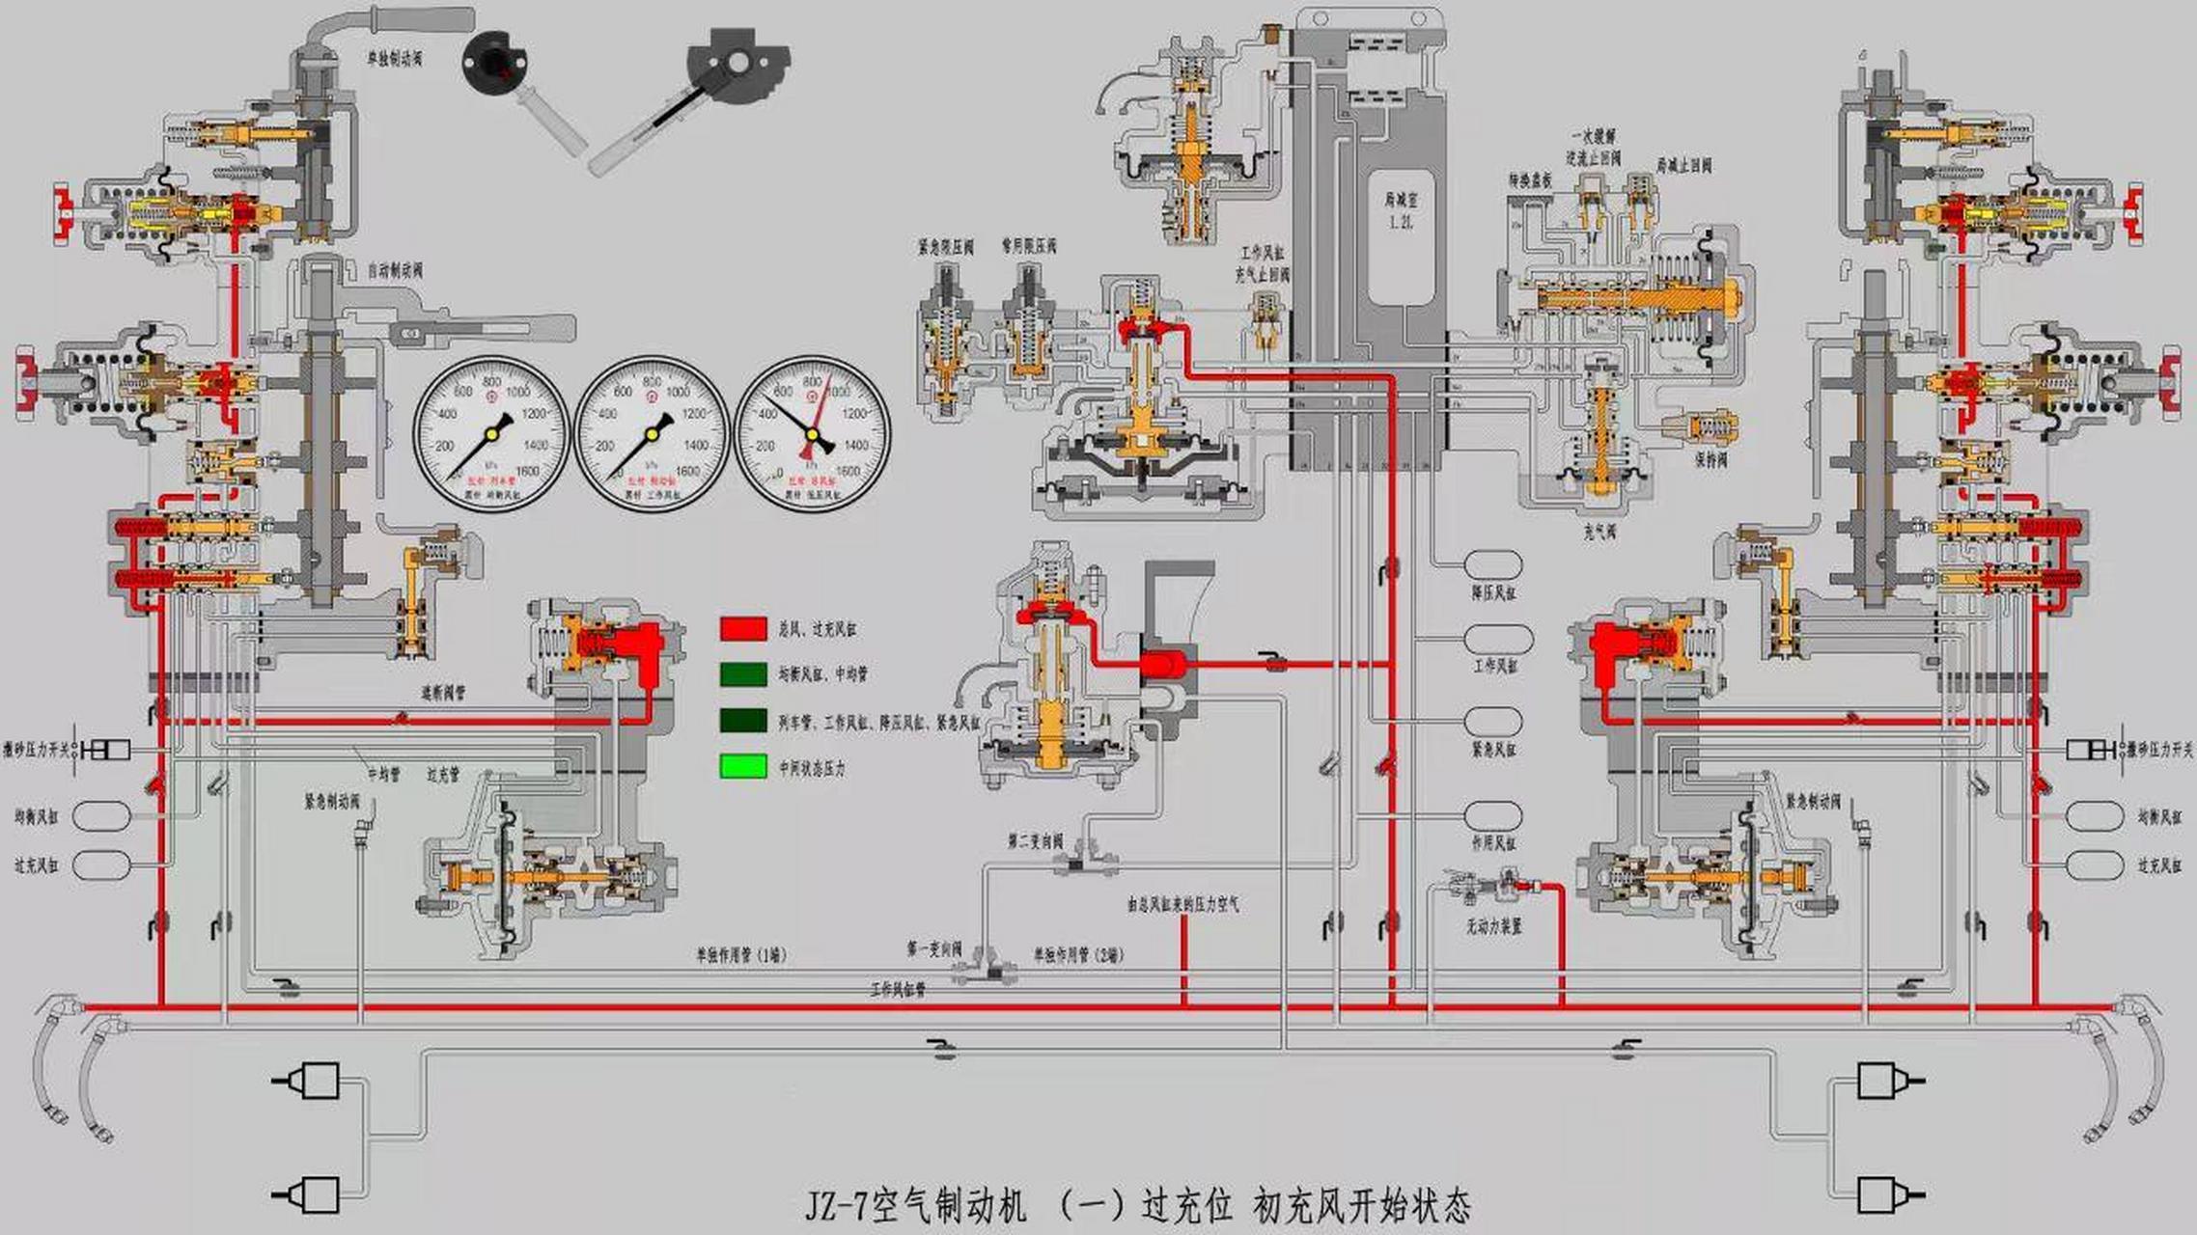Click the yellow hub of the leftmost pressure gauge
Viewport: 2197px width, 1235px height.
(x=491, y=434)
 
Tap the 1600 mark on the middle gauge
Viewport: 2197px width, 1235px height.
(x=687, y=471)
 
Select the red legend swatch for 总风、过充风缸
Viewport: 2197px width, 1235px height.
(x=743, y=629)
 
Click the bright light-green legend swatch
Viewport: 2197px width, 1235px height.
(x=743, y=767)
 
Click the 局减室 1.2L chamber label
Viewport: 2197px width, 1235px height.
(x=1401, y=209)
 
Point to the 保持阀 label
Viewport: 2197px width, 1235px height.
(x=1710, y=460)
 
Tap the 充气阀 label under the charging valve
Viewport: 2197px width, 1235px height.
(x=1599, y=532)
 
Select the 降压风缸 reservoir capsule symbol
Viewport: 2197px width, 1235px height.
(x=1493, y=564)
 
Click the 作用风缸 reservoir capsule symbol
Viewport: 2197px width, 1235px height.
(x=1493, y=816)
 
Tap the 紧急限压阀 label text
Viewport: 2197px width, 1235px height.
(x=945, y=247)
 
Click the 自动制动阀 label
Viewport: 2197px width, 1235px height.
(x=395, y=271)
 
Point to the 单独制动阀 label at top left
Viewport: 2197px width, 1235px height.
(x=394, y=59)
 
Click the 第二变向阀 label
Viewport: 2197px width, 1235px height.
(x=1035, y=842)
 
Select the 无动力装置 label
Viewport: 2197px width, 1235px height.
(x=1493, y=925)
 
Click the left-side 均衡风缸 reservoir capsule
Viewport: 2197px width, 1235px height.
(x=101, y=816)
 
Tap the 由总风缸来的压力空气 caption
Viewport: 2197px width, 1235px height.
(x=1182, y=904)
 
